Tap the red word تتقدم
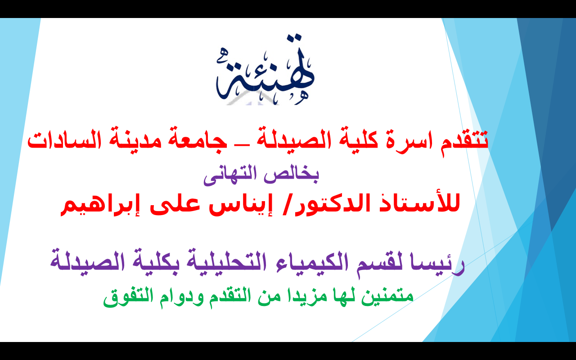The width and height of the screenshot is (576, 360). [x=464, y=141]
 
